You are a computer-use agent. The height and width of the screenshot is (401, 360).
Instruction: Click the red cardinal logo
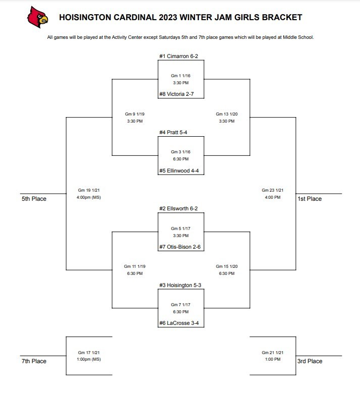tap(38, 17)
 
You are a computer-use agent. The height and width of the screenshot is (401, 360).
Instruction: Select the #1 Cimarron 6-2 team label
tap(178, 56)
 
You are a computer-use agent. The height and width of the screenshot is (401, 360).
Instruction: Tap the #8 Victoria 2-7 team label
tap(176, 94)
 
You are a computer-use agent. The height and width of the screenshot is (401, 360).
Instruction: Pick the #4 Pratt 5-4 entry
tap(173, 132)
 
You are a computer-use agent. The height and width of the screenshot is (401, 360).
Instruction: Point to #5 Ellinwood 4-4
tap(179, 170)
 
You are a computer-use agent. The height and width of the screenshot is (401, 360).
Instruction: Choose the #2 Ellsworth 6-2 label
tap(178, 208)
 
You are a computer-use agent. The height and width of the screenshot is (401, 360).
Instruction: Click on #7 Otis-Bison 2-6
tap(180, 247)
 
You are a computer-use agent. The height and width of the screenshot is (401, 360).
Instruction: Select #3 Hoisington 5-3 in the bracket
tap(180, 285)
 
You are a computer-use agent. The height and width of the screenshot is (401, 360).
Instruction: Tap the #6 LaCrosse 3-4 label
tap(179, 323)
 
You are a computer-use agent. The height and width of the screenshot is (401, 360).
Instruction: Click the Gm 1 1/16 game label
tap(181, 76)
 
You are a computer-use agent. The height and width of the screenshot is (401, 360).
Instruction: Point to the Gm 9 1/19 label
tap(135, 114)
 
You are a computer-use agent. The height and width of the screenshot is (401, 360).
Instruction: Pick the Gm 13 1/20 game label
tap(227, 114)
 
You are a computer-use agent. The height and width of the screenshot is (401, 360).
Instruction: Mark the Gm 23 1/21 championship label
tap(273, 190)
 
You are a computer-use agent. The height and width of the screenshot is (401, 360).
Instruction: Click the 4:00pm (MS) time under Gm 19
tap(88, 197)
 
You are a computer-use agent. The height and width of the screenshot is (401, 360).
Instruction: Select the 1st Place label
tap(310, 199)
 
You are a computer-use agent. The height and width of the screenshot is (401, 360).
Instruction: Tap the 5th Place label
tap(34, 199)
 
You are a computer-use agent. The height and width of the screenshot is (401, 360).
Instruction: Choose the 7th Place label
tap(34, 361)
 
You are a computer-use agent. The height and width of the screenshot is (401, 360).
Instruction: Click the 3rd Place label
tap(310, 361)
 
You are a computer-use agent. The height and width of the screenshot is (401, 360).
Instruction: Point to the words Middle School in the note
tap(298, 37)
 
